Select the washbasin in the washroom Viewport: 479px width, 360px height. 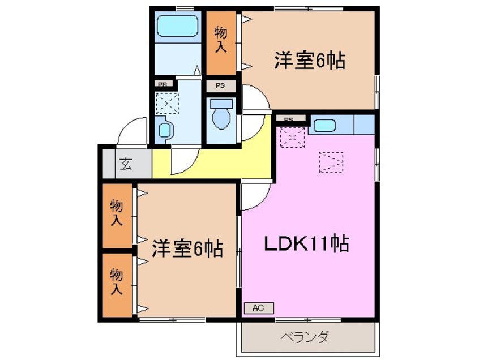pyautogui.click(x=165, y=130)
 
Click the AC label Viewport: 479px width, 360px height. pyautogui.click(x=259, y=308)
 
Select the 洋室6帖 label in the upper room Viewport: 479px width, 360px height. pyautogui.click(x=310, y=61)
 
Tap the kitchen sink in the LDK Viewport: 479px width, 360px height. pyautogui.click(x=324, y=125)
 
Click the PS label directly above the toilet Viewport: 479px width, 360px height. pyautogui.click(x=220, y=86)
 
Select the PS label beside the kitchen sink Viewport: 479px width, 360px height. pyautogui.click(x=288, y=119)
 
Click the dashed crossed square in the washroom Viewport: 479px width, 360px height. pyautogui.click(x=167, y=104)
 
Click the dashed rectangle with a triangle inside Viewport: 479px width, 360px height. pyautogui.click(x=331, y=162)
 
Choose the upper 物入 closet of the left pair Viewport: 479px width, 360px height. pyautogui.click(x=117, y=213)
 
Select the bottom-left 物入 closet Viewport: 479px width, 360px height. pyautogui.click(x=117, y=284)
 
